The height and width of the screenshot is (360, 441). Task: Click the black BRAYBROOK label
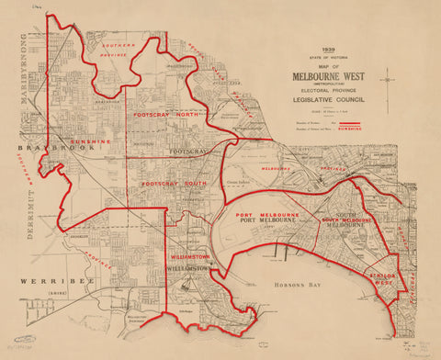(45, 146)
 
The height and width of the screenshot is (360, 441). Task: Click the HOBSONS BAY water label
(293, 287)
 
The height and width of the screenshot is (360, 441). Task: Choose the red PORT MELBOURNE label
(261, 213)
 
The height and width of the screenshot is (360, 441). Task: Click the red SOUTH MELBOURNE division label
(345, 221)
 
